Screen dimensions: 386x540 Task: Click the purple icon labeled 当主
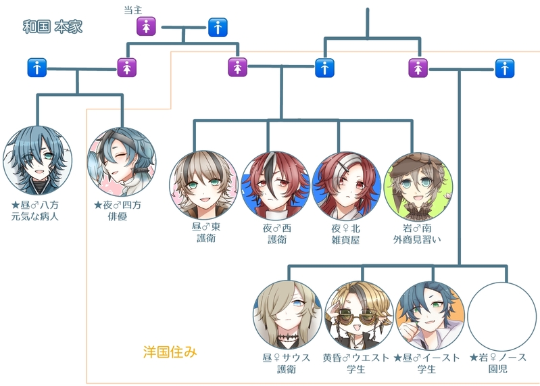click(x=147, y=27)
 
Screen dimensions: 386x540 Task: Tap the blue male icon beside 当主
click(x=218, y=27)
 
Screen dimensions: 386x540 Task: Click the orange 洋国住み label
click(x=170, y=352)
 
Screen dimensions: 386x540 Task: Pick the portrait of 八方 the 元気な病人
click(x=37, y=161)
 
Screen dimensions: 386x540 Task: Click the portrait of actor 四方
click(x=122, y=161)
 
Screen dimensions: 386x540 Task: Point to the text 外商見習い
click(x=418, y=239)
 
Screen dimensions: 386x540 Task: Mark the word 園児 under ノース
click(x=500, y=370)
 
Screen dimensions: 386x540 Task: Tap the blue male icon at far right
click(x=504, y=68)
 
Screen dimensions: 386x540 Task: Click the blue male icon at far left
click(x=36, y=68)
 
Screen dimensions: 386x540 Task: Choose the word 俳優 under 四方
click(x=122, y=217)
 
